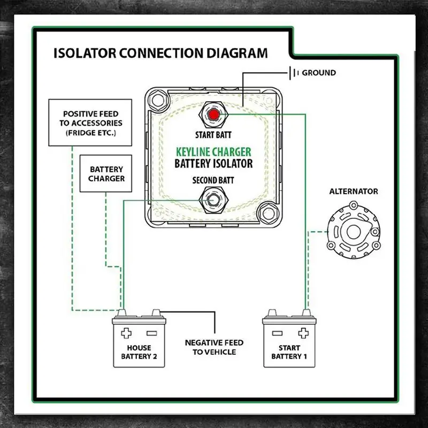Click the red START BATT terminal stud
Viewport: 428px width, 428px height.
pos(213,114)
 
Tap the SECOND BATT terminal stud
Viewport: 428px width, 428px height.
pos(213,200)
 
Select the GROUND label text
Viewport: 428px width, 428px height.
pos(319,73)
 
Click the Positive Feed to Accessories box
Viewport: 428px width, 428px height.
pos(90,123)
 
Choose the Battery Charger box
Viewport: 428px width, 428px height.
pos(106,173)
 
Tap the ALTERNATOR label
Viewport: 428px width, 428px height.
pos(354,192)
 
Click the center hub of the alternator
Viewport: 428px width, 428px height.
pos(354,232)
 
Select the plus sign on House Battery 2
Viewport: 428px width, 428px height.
pos(126,333)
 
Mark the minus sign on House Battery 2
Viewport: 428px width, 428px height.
pos(152,333)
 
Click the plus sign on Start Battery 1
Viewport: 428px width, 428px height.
pos(303,333)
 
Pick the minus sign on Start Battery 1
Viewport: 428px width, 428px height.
pos(277,333)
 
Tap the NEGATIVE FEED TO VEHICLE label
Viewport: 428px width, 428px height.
pos(215,347)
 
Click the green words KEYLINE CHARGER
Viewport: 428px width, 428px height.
pos(213,152)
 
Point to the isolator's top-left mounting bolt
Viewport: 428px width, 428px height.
pos(157,101)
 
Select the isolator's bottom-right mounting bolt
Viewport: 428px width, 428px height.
pos(269,213)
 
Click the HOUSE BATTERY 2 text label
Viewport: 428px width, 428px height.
pos(139,352)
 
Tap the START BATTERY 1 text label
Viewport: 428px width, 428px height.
pos(289,352)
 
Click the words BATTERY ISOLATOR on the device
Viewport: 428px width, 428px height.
pos(213,164)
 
